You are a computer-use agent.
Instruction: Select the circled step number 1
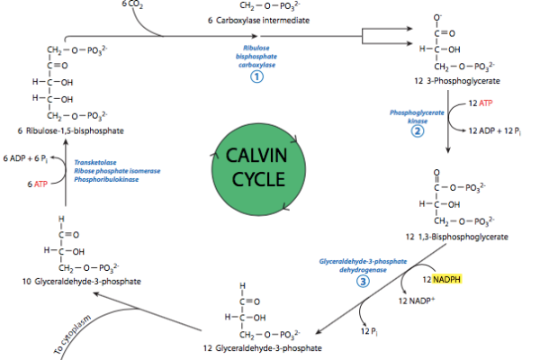coord(256,77)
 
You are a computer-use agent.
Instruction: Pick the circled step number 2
coord(417,130)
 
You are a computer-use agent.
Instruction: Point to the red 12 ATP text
coord(483,105)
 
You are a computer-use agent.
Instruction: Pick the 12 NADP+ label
coord(416,301)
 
